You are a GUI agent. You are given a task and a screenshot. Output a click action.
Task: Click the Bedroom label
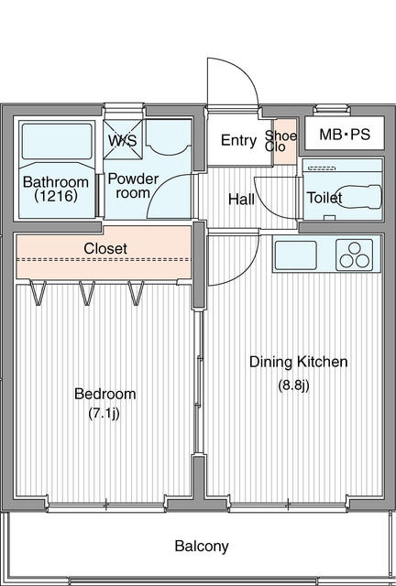(104, 394)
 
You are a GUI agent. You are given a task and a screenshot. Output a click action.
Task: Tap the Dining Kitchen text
(298, 362)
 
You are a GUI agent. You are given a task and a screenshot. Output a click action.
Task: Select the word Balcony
(202, 546)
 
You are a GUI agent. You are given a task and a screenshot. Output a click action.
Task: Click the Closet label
(105, 248)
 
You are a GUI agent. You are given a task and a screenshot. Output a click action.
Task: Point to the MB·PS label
(345, 135)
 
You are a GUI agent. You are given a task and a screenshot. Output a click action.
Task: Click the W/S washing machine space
(123, 138)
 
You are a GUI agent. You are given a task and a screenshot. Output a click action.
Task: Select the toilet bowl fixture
(359, 197)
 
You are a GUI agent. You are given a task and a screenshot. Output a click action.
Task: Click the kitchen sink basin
(296, 255)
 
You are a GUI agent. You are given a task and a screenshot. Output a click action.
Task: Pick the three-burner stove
(355, 255)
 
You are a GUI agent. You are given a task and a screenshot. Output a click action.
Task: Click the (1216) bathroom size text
(56, 195)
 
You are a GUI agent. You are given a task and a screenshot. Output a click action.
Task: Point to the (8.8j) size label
(293, 385)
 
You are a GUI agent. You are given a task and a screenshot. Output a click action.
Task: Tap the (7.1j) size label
(104, 413)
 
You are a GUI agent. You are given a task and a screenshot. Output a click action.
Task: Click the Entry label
(238, 140)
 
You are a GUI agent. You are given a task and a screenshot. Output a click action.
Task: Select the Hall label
(241, 200)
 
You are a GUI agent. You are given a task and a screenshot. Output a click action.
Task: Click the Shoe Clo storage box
(286, 142)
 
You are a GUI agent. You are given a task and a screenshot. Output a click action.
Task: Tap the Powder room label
(133, 186)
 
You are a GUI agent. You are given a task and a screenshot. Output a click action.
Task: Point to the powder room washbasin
(168, 136)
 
